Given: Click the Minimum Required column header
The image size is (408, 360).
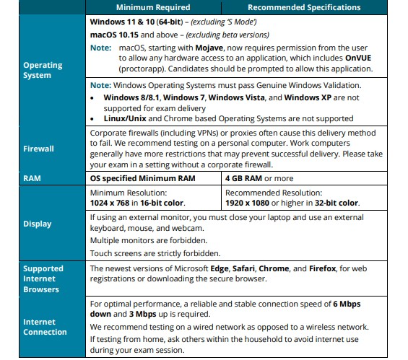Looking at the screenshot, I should pyautogui.click(x=158, y=7).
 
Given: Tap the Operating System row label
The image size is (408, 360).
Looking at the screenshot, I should pyautogui.click(x=43, y=70).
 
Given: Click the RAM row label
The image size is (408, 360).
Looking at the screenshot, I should pyautogui.click(x=32, y=178).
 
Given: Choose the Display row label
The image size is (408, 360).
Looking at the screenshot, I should pyautogui.click(x=37, y=224).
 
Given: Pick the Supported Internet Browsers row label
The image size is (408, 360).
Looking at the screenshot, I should pyautogui.click(x=43, y=278).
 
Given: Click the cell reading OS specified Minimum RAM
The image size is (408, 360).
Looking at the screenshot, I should pyautogui.click(x=142, y=178).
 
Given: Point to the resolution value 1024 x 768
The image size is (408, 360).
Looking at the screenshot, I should pyautogui.click(x=112, y=203).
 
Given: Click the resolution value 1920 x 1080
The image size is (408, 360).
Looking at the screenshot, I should pyautogui.click(x=250, y=203).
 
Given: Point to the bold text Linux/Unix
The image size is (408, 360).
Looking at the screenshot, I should pyautogui.click(x=128, y=118).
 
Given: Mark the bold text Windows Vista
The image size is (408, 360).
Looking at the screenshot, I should pyautogui.click(x=236, y=97).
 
